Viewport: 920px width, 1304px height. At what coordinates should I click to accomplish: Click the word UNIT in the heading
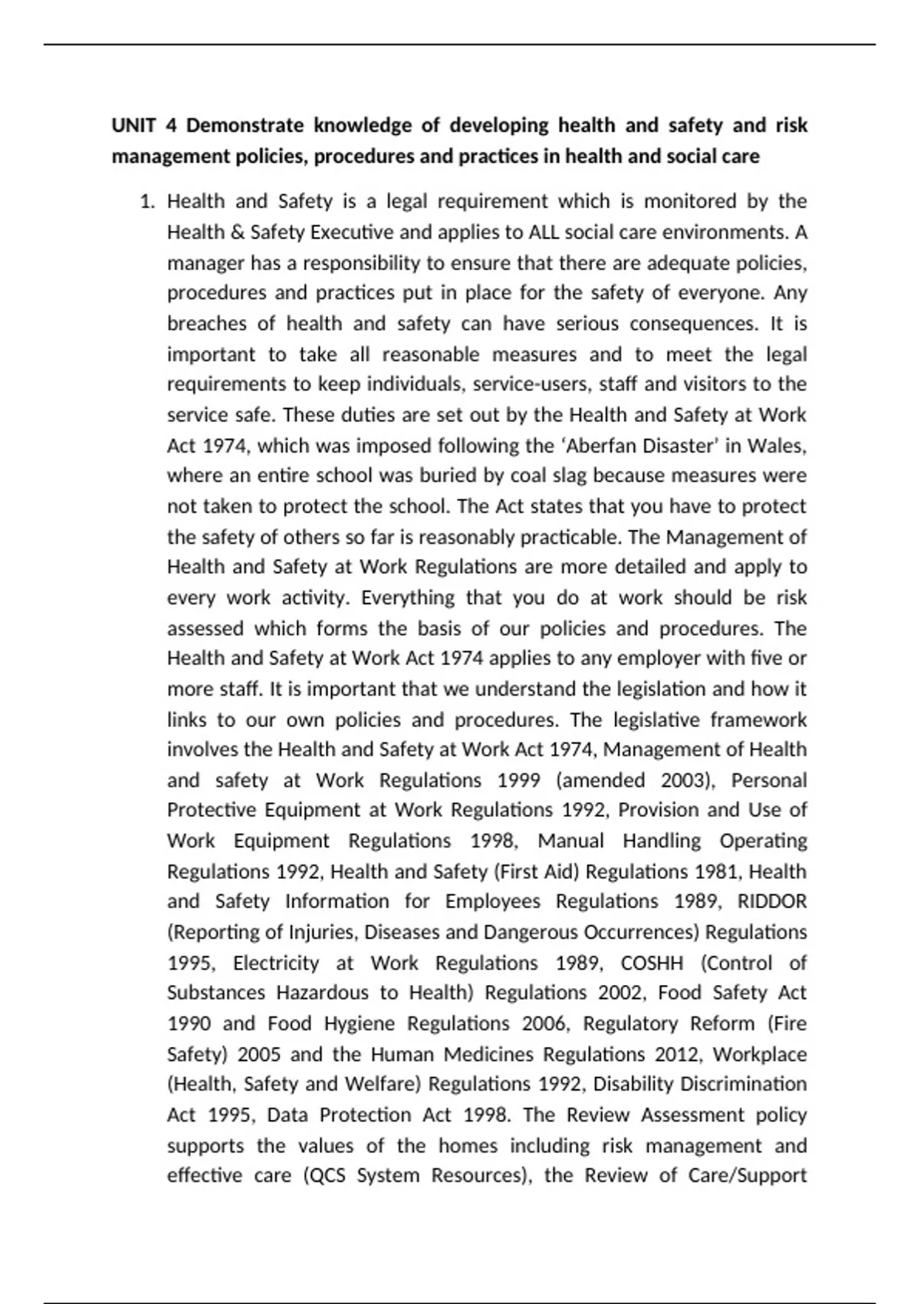pos(135,125)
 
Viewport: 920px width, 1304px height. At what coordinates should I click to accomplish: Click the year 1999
pos(519,780)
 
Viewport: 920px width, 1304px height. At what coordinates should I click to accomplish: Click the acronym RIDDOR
pos(772,901)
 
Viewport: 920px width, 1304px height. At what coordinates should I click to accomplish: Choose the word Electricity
pos(276,963)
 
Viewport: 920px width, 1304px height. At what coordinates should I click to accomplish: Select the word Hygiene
pos(359,1023)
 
